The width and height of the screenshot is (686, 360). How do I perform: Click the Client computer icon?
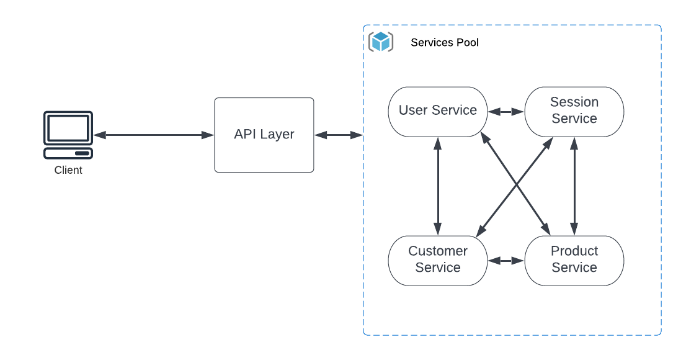click(x=68, y=135)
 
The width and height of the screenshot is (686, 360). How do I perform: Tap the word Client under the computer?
click(x=68, y=170)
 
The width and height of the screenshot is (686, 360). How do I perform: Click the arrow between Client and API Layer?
click(x=153, y=135)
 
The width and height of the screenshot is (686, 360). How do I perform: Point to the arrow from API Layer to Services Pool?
click(x=339, y=135)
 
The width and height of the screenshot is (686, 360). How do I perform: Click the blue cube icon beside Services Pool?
click(x=381, y=42)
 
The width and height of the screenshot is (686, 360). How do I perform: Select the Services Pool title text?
click(x=445, y=43)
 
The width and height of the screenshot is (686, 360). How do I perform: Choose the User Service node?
click(x=438, y=111)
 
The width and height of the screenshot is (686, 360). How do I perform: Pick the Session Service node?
click(x=574, y=111)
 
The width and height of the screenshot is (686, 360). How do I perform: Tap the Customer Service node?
click(x=438, y=260)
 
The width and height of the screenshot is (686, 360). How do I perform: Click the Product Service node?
click(x=574, y=260)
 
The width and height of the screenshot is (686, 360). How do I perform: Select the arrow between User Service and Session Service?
click(x=506, y=112)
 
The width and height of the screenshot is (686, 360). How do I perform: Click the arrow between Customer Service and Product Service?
click(x=506, y=261)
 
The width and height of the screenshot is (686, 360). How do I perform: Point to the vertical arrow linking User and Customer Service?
click(x=438, y=186)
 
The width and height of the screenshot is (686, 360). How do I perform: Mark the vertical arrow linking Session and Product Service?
click(x=574, y=186)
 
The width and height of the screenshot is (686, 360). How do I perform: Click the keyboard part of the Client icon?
click(x=68, y=153)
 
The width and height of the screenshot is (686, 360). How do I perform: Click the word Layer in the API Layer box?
click(x=278, y=135)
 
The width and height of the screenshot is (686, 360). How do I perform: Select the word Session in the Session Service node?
click(x=574, y=102)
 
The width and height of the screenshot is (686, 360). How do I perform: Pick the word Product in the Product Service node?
click(x=574, y=251)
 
